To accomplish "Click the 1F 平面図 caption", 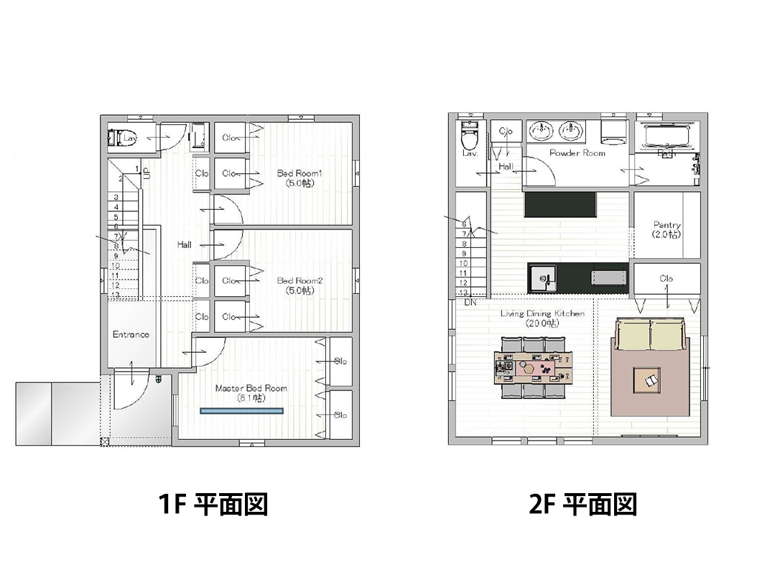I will [213, 505].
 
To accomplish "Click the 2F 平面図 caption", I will [582, 505].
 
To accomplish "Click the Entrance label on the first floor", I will [131, 334].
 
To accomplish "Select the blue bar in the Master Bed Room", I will [241, 411].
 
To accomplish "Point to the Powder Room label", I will [577, 153].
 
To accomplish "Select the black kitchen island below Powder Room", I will [560, 204].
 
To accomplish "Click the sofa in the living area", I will [650, 336].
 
